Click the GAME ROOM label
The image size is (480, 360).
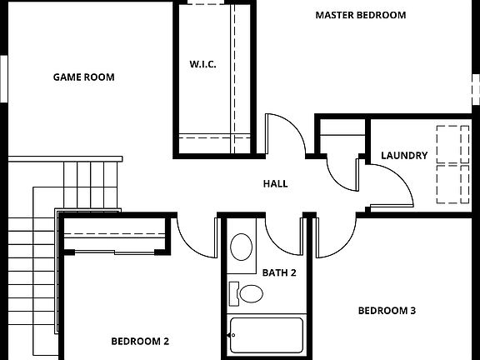83,77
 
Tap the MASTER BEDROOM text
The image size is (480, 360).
360,15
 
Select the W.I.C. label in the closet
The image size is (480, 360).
202,64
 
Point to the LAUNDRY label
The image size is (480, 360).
404,155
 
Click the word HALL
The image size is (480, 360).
275,183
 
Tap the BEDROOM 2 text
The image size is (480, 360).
140,341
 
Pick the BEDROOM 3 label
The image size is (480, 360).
387,311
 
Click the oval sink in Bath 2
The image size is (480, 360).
242,247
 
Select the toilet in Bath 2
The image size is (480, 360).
247,293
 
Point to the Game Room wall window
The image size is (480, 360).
3,79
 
